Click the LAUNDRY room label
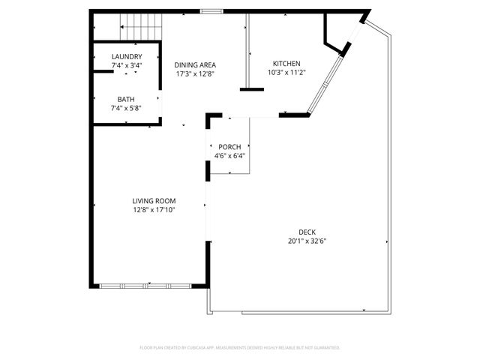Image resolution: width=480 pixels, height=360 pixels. tap(126, 57)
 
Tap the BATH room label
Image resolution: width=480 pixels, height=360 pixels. tap(126, 99)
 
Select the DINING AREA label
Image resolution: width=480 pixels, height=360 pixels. tap(195, 64)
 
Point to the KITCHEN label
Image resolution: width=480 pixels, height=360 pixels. tap(286, 64)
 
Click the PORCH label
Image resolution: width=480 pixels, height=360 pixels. tap(229, 146)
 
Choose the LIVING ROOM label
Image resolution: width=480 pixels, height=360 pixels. tap(154, 201)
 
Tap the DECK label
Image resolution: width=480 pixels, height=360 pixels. tap(307, 232)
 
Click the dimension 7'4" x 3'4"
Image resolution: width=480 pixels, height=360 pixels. tap(126, 66)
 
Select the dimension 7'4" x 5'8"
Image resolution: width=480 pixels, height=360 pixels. tap(126, 108)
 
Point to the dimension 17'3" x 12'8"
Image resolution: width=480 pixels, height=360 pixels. tap(195, 73)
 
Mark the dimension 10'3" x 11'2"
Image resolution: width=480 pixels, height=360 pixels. tap(286, 73)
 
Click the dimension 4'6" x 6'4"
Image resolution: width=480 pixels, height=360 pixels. tap(229, 156)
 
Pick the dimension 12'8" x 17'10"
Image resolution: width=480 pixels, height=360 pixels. tap(154, 210)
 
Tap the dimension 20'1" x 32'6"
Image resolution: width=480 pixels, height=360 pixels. tap(307, 241)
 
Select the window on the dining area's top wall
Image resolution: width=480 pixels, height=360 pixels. tap(211, 10)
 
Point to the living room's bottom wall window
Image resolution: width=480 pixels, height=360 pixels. tap(146, 285)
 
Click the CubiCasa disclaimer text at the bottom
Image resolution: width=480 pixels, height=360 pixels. tap(240, 347)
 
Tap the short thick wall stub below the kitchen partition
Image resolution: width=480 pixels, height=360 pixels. tap(252, 90)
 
